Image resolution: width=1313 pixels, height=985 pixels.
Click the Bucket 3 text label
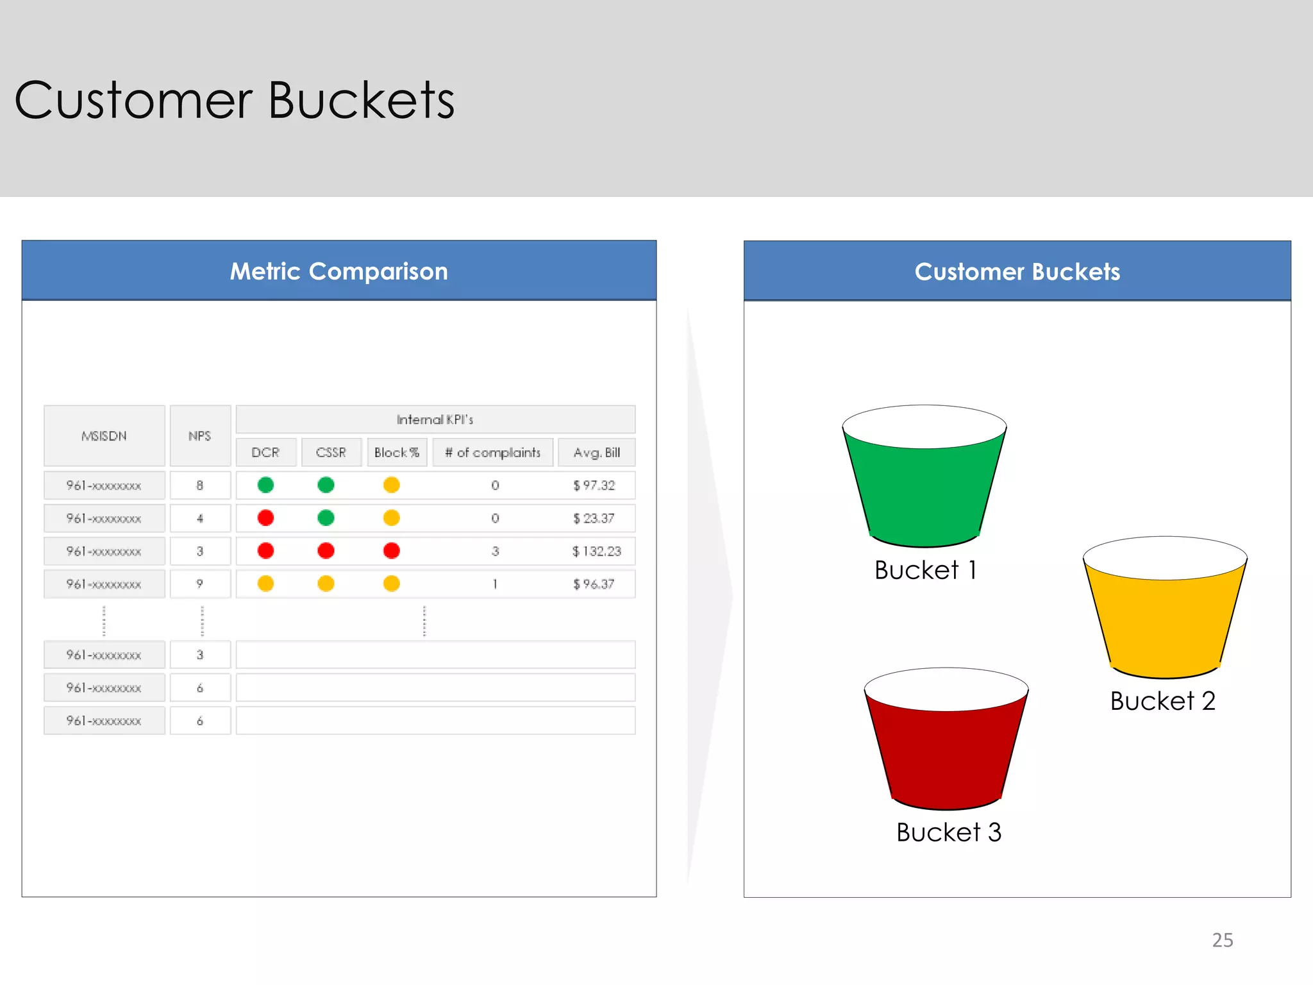point(948,832)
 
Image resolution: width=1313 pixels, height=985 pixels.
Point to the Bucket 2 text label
point(1162,701)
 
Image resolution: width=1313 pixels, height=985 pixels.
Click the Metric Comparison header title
point(339,271)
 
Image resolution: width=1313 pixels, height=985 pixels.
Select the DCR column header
point(265,453)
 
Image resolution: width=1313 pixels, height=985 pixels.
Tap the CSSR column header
point(331,453)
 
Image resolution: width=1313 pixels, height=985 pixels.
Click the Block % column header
point(397,453)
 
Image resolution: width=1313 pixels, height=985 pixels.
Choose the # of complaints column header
point(492,453)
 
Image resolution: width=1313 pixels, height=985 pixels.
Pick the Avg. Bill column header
point(596,453)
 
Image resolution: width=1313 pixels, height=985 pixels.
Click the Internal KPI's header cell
point(435,419)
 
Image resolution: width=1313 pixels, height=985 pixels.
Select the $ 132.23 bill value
point(596,551)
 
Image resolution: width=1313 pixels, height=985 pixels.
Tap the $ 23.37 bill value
point(594,518)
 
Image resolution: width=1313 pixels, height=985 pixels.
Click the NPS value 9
point(200,584)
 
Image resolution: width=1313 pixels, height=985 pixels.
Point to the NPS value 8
point(200,485)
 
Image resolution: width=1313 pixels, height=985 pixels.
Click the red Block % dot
point(392,551)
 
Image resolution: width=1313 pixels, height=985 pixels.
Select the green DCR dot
point(265,485)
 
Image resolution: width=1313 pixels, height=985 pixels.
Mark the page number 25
point(1222,940)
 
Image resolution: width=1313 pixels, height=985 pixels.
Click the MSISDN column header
point(104,436)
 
